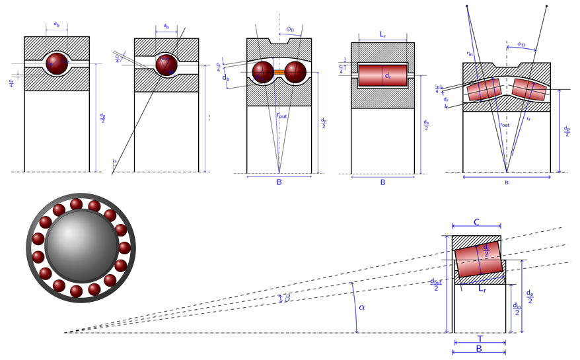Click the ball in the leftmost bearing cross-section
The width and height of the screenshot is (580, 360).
pos(57,64)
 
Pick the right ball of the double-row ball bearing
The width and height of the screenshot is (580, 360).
pos(295,72)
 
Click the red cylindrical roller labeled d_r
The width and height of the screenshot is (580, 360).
pos(382,75)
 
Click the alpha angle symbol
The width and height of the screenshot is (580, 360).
pos(361,307)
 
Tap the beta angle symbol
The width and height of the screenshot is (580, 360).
pos(287,299)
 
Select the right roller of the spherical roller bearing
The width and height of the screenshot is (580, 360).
pos(531,89)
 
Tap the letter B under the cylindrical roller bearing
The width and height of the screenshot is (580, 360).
pos(382,182)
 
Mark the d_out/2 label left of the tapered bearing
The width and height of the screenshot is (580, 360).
pos(436,284)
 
